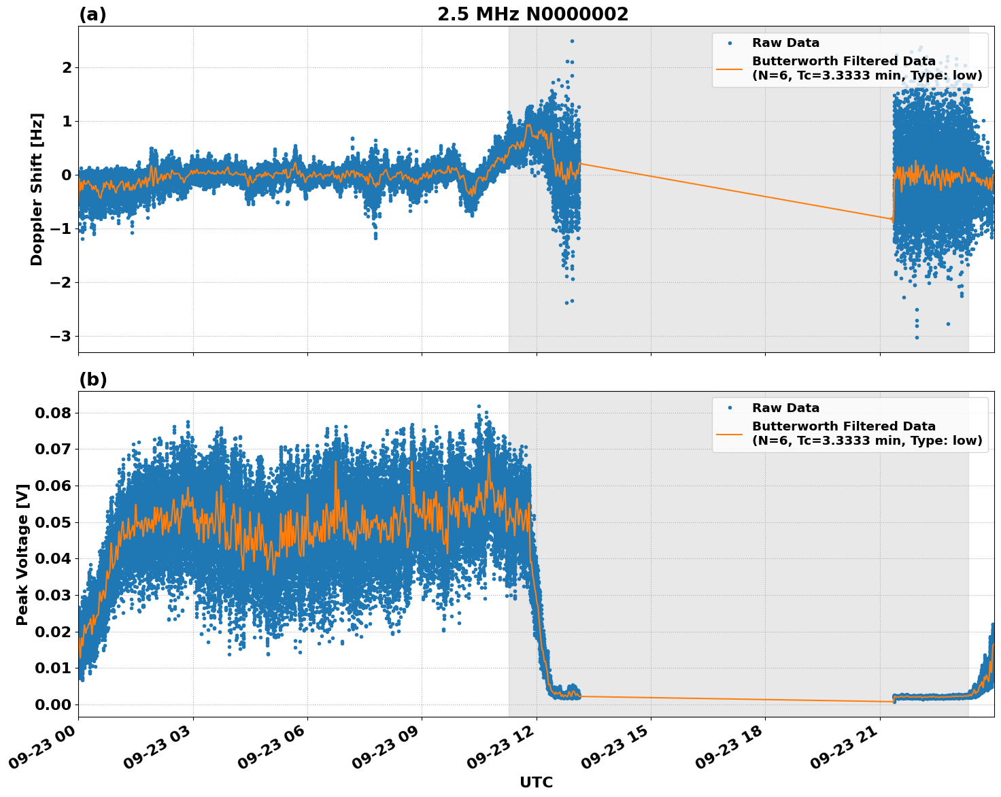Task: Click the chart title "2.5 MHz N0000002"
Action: (x=532, y=14)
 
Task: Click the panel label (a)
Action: (x=92, y=14)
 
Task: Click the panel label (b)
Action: (x=92, y=379)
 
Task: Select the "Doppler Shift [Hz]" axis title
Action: (x=37, y=189)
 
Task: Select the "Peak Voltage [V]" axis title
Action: (x=22, y=554)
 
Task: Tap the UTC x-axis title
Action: (x=536, y=782)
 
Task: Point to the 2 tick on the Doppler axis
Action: (x=67, y=67)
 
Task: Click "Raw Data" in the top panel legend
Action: (x=785, y=43)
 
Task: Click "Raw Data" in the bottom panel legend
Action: (x=785, y=408)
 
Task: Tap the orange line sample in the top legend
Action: (x=729, y=69)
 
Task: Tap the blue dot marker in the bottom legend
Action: (x=730, y=408)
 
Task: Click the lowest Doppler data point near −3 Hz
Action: (x=916, y=337)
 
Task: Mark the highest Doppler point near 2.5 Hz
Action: (x=572, y=41)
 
